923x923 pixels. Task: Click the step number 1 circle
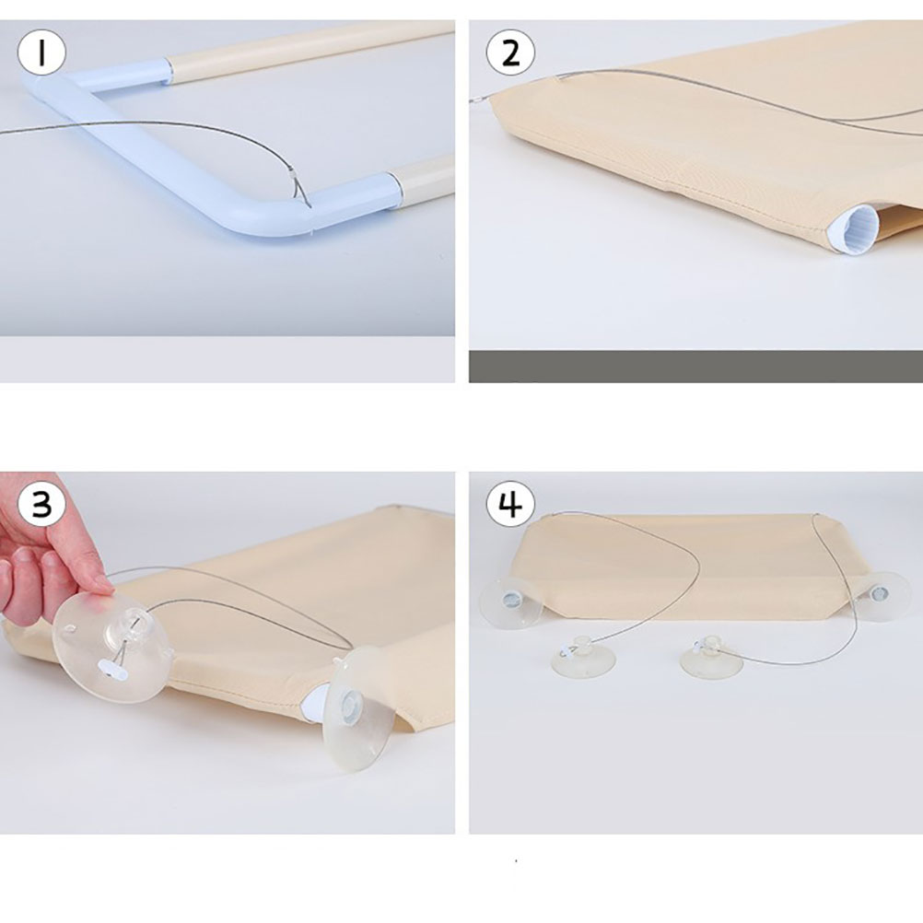(x=41, y=52)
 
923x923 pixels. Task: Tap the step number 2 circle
(x=510, y=53)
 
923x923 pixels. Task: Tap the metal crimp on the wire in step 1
(x=293, y=174)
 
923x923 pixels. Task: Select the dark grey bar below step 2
(x=695, y=367)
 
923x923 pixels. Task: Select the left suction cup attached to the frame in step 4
(x=511, y=601)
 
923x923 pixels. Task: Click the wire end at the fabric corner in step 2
(x=480, y=100)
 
